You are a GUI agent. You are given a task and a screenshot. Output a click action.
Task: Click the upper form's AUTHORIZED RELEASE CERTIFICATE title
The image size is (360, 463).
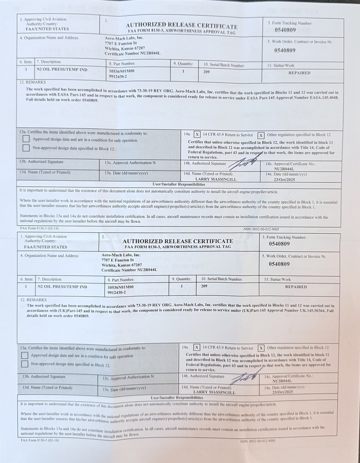181,26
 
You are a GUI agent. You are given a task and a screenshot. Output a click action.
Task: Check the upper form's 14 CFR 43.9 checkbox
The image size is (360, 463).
197,134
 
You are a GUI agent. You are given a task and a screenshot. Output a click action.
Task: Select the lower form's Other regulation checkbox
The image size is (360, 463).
261,348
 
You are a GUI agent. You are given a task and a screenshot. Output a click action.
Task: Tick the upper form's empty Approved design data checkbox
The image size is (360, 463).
26,139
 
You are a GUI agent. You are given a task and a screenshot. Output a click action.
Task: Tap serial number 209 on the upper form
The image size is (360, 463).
206,71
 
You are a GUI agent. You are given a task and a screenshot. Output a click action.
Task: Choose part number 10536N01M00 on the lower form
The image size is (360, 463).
121,287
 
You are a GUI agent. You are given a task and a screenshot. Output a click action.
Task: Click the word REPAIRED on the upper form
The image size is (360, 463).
299,72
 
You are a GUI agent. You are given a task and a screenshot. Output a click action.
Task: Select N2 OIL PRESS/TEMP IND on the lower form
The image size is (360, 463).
62,287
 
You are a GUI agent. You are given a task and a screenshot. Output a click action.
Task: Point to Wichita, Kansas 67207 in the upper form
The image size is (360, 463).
125,48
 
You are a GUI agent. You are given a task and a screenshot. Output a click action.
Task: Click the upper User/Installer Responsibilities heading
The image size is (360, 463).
179,184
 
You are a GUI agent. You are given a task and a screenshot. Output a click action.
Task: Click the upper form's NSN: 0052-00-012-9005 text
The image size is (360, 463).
261,229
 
